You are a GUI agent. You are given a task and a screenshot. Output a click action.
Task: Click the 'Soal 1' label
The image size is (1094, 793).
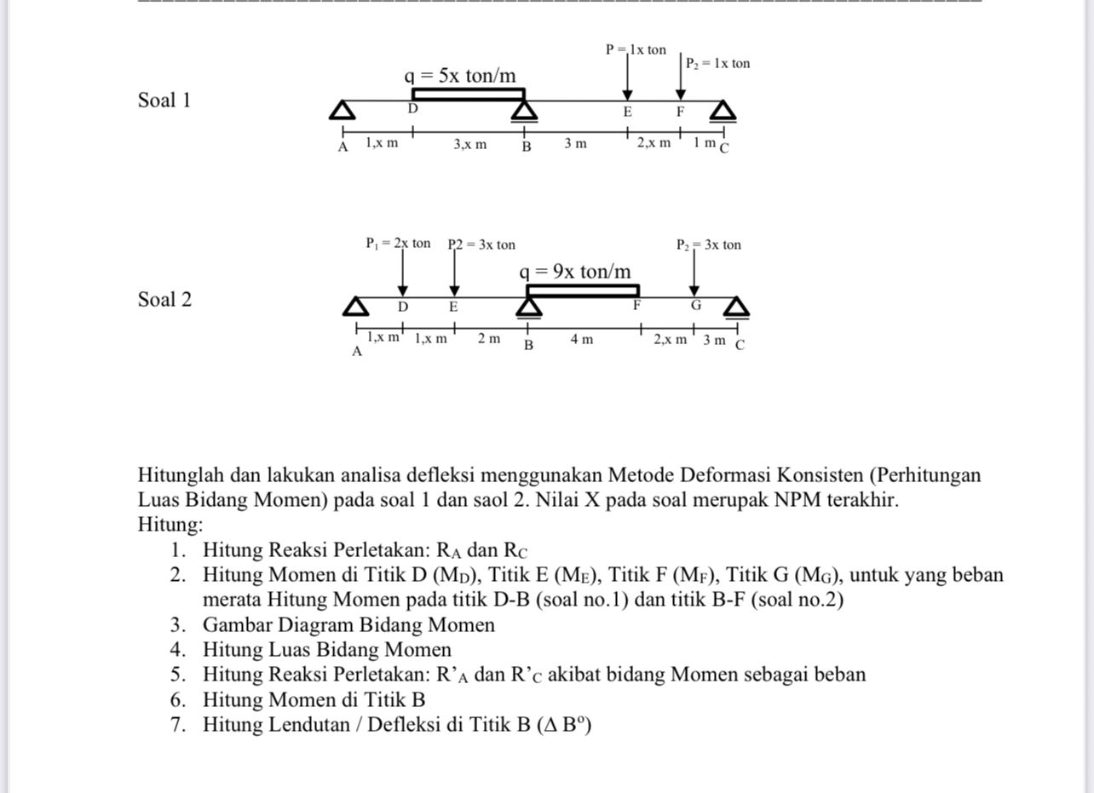164,101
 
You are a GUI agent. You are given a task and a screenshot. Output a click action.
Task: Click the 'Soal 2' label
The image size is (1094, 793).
164,300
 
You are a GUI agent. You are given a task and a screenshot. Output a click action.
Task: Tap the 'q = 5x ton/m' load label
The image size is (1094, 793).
460,76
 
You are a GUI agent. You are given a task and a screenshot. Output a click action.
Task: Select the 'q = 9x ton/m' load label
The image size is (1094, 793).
575,272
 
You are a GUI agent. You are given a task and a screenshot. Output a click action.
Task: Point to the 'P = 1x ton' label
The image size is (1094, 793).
636,49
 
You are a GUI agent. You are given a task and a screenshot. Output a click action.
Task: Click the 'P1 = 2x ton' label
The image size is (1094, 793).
398,244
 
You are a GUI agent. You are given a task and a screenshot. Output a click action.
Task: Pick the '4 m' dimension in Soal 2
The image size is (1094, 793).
582,340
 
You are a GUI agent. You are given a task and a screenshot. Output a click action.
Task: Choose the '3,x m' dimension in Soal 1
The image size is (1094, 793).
470,144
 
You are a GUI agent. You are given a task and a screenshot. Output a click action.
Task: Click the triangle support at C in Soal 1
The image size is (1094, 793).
723,111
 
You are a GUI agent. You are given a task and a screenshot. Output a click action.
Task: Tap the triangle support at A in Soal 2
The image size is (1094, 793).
356,307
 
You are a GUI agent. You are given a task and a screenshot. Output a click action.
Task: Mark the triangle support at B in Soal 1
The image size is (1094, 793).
524,112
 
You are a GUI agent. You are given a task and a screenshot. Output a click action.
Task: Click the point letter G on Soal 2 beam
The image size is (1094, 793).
695,305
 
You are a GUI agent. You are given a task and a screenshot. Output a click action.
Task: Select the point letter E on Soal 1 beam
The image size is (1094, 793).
627,112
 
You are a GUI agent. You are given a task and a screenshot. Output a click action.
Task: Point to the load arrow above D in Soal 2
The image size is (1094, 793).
403,273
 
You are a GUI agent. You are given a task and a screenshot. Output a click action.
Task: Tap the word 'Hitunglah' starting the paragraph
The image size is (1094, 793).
177,475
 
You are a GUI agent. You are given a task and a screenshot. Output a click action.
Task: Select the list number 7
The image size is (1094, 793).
177,725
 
